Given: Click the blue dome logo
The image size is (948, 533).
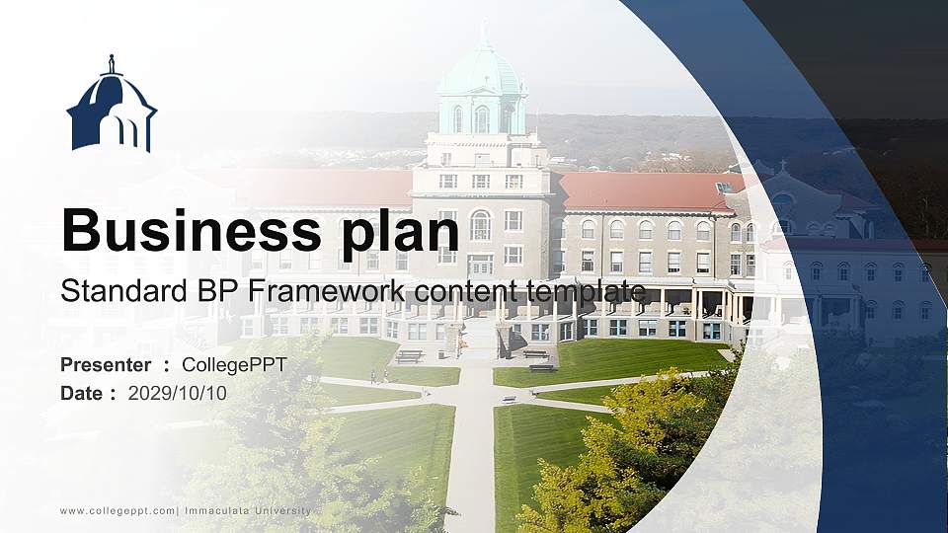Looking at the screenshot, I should click(112, 109).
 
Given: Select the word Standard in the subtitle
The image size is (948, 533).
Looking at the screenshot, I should click(109, 291).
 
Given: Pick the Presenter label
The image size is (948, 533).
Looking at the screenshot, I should click(107, 365).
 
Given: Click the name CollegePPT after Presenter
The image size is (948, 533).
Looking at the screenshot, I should click(234, 365).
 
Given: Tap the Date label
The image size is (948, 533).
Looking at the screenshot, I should click(83, 393).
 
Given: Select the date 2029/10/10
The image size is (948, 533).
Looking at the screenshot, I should click(178, 393).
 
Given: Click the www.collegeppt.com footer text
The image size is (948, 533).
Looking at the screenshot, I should click(118, 510).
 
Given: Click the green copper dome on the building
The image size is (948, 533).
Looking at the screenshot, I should click(482, 71).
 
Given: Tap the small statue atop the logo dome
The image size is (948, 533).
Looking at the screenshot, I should click(112, 63).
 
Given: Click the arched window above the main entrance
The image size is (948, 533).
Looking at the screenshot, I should click(480, 225).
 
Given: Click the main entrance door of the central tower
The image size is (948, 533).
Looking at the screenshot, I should click(480, 265).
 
